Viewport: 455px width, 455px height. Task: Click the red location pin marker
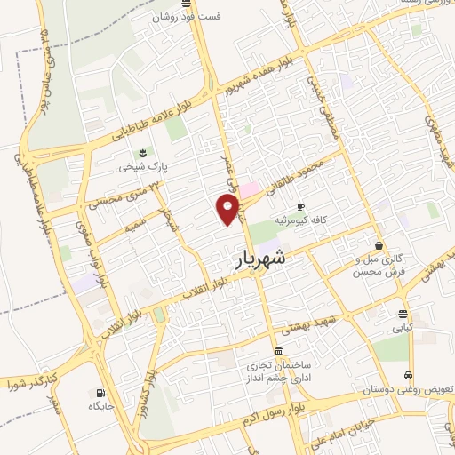click(228, 210)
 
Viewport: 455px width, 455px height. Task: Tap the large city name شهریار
click(262, 258)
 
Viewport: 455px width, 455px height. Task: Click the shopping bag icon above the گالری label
click(379, 246)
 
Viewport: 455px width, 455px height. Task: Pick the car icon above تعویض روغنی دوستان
click(408, 375)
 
